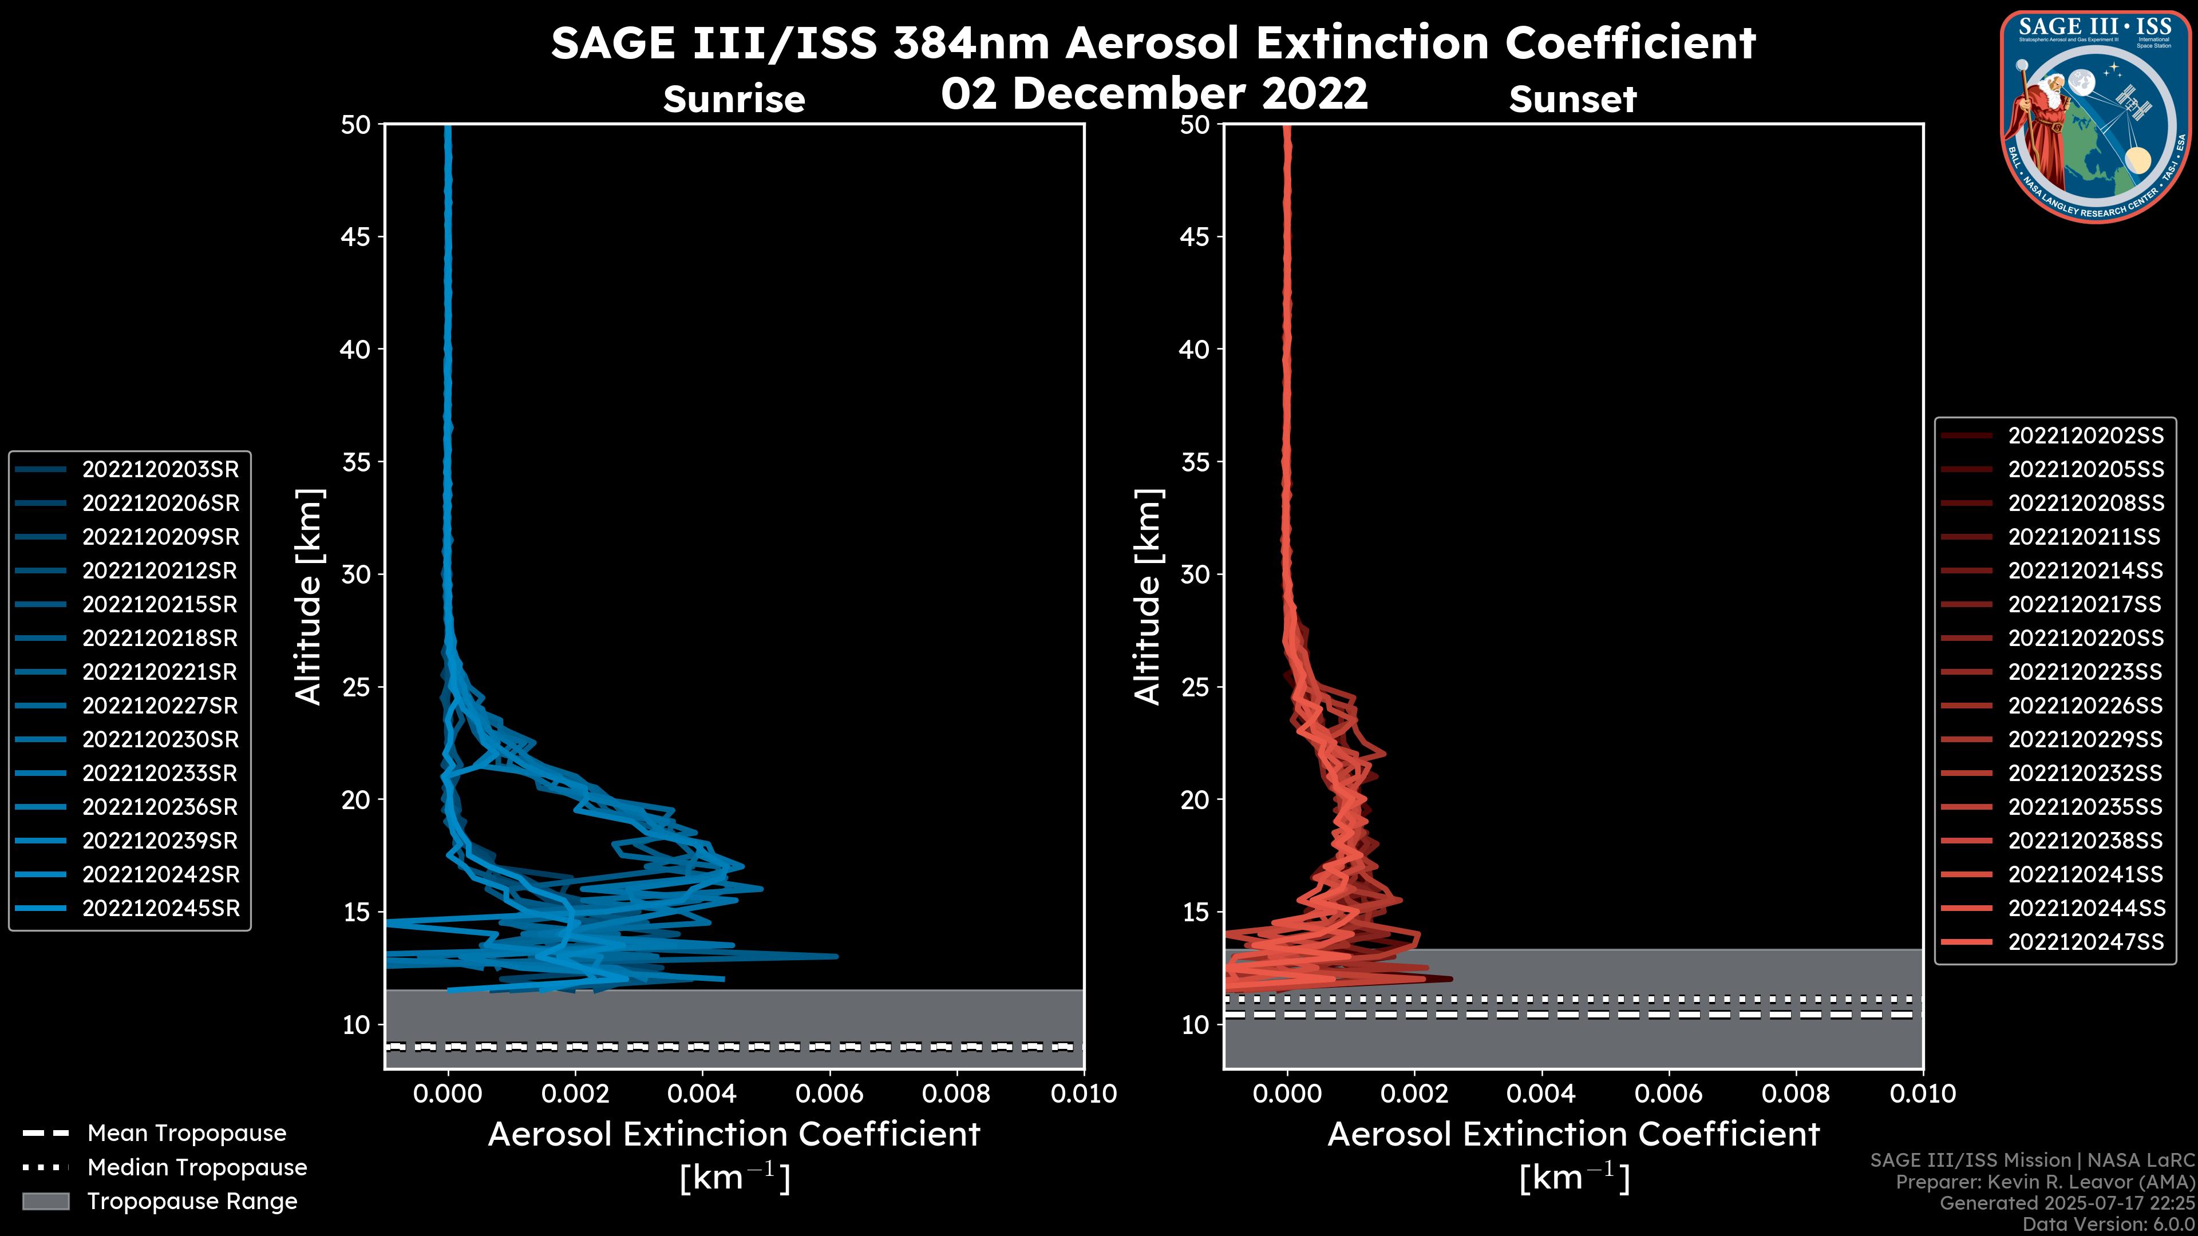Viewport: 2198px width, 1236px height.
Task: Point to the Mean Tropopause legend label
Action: (x=187, y=1134)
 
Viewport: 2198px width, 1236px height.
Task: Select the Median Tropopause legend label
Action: (x=197, y=1168)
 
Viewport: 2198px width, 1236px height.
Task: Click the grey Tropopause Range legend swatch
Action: (x=45, y=1202)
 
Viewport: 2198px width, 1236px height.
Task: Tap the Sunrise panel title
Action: (x=734, y=99)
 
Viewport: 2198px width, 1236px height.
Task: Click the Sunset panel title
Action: (x=1572, y=99)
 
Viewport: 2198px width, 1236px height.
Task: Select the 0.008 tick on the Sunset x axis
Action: (x=1796, y=1094)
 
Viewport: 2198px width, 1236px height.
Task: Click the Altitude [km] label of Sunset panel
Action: (x=1148, y=597)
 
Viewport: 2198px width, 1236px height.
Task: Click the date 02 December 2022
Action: (x=1155, y=93)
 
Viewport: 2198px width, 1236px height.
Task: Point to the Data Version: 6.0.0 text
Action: (x=2109, y=1225)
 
